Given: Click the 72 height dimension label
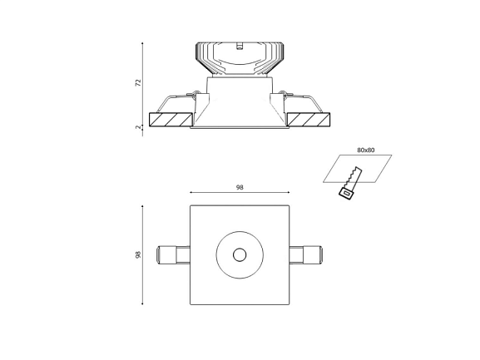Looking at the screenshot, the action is [x=139, y=82].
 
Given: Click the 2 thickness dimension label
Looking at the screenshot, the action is [x=138, y=127].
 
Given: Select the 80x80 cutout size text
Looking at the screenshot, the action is [x=365, y=150].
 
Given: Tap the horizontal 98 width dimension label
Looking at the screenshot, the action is [x=240, y=188].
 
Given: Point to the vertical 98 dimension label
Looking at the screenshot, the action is [x=138, y=254].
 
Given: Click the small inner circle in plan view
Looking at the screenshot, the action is [x=240, y=254].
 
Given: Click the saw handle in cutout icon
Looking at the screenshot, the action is [x=347, y=194].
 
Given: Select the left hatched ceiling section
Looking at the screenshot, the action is [x=171, y=120].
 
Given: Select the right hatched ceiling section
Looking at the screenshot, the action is [x=309, y=120].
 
